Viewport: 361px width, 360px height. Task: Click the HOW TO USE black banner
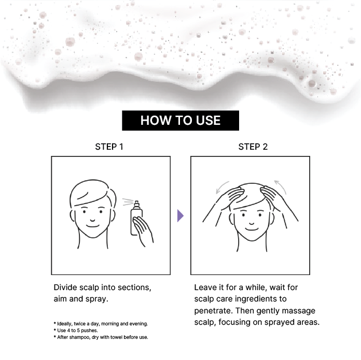[180, 121]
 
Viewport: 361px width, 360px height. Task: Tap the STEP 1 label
[109, 147]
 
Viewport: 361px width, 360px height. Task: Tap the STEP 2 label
[253, 147]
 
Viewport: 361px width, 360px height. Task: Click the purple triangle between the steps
[180, 215]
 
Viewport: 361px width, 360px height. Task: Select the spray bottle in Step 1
[136, 218]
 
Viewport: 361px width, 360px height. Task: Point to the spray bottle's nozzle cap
[136, 204]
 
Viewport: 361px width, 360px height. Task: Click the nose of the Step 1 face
[92, 220]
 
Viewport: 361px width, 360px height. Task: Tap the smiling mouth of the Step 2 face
[252, 229]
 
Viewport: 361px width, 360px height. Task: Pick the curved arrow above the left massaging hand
[221, 186]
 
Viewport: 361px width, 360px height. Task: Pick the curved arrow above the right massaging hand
[281, 186]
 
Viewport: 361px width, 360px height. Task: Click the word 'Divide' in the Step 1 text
[65, 287]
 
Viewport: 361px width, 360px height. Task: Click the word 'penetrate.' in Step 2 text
[213, 311]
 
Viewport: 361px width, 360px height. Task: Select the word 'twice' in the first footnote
[80, 324]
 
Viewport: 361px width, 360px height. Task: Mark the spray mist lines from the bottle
[128, 201]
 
